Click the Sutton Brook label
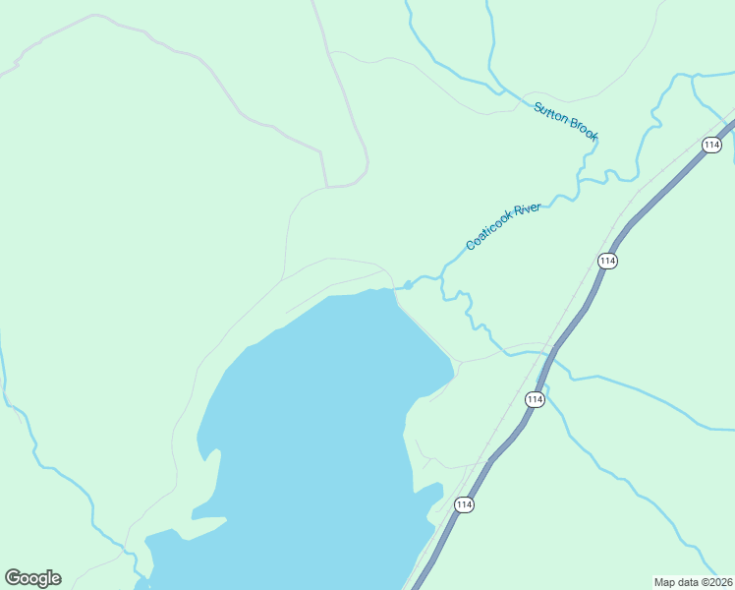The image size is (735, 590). (x=566, y=121)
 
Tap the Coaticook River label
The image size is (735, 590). (x=503, y=226)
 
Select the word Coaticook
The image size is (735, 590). (x=489, y=235)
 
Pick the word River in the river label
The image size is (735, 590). (x=528, y=210)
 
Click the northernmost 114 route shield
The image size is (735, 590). (x=711, y=145)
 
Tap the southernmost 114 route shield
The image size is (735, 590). (x=464, y=504)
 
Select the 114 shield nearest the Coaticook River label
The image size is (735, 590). (x=606, y=261)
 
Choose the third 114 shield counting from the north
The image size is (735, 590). (x=534, y=399)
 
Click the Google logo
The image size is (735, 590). (x=32, y=578)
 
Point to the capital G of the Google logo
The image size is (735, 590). (x=14, y=578)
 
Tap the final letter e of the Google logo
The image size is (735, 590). (x=56, y=579)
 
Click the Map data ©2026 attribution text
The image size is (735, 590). (x=693, y=582)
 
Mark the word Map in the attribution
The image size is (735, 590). (x=665, y=582)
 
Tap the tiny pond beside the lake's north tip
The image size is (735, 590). (x=407, y=285)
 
